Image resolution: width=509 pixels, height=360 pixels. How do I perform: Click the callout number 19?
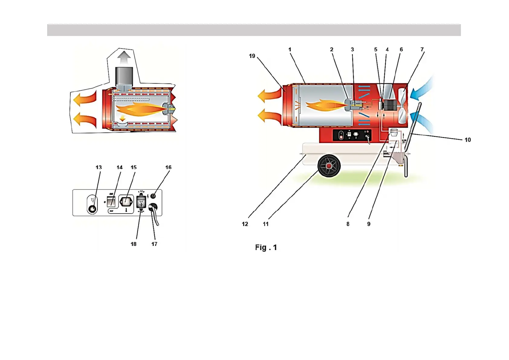pyautogui.click(x=252, y=56)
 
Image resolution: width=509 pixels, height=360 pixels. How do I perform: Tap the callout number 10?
pyautogui.click(x=468, y=140)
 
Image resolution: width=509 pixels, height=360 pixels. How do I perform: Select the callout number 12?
pyautogui.click(x=245, y=224)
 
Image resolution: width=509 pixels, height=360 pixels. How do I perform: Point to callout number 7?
pyautogui.click(x=422, y=49)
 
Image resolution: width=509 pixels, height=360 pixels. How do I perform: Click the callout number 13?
pyautogui.click(x=99, y=167)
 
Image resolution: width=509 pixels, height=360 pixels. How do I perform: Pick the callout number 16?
pyautogui.click(x=168, y=167)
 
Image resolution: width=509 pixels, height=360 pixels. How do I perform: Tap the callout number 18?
pyautogui.click(x=134, y=244)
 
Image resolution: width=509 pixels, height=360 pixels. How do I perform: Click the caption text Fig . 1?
pyautogui.click(x=266, y=247)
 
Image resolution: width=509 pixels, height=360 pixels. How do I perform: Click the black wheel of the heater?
pyautogui.click(x=329, y=166)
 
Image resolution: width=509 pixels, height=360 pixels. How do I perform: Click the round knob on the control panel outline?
pyautogui.click(x=92, y=208)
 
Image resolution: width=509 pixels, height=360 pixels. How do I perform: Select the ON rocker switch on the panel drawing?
pyautogui.click(x=111, y=201)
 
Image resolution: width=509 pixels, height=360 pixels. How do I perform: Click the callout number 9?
pyautogui.click(x=369, y=224)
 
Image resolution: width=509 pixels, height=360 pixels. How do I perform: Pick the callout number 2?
pyautogui.click(x=332, y=49)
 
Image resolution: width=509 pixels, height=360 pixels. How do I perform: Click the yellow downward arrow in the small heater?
pyautogui.click(x=122, y=118)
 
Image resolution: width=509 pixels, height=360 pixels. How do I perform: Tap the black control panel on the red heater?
pyautogui.click(x=352, y=135)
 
